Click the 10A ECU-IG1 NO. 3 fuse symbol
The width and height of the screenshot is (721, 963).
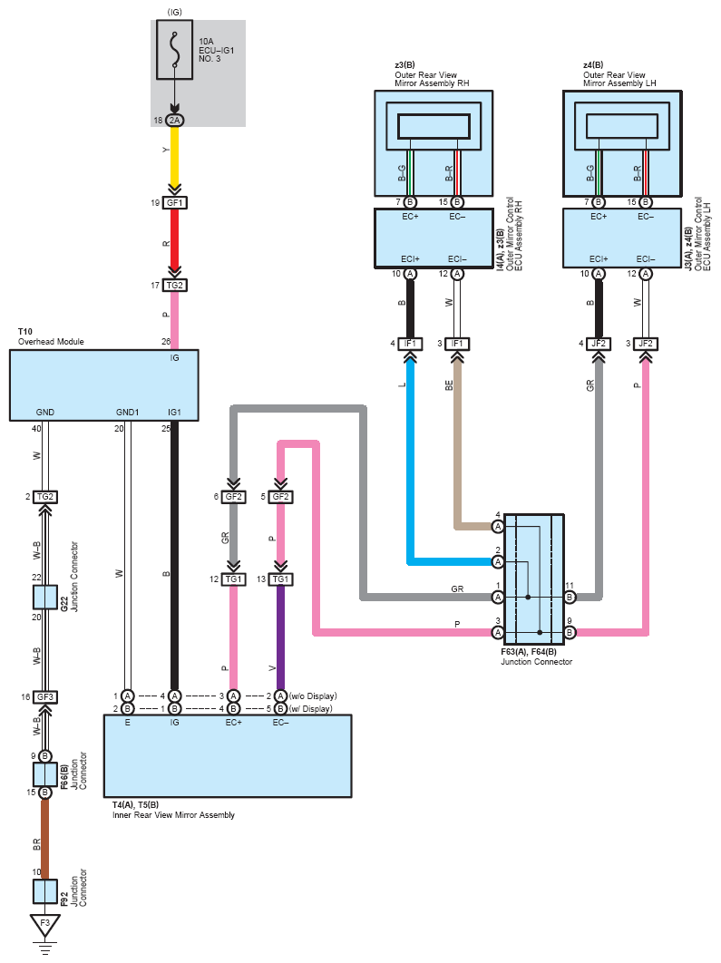[174, 50]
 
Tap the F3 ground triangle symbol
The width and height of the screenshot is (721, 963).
[44, 925]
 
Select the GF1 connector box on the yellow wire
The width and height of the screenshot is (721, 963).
[174, 203]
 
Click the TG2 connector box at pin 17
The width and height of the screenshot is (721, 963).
[174, 285]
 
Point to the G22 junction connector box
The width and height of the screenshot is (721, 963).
[44, 597]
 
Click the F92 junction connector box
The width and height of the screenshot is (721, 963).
[44, 891]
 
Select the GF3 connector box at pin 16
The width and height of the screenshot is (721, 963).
[44, 697]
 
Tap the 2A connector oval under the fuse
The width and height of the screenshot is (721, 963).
[174, 121]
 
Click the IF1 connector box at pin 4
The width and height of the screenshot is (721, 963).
[410, 344]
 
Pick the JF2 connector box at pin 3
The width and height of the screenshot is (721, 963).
[646, 344]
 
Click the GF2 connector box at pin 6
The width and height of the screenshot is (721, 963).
[233, 497]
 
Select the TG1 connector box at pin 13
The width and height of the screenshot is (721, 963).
[280, 579]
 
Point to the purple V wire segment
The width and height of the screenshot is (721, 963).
[280, 637]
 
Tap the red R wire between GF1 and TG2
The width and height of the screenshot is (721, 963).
[174, 241]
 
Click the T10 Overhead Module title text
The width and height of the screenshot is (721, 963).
[51, 336]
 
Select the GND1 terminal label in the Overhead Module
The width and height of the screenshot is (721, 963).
[127, 412]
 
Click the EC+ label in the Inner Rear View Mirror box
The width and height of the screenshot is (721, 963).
[233, 722]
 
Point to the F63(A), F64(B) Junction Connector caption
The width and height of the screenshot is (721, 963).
[536, 657]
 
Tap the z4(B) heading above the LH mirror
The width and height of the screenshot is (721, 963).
[593, 65]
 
